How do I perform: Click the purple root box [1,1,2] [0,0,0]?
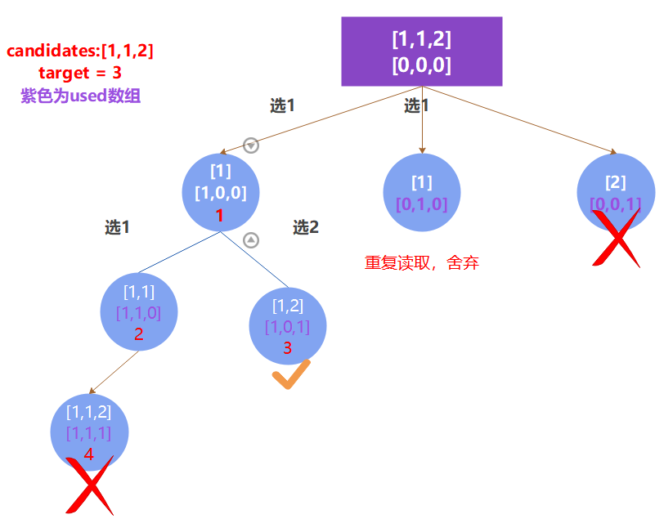[x=421, y=51]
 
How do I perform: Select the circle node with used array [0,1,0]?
[x=422, y=193]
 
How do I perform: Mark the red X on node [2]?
[x=617, y=238]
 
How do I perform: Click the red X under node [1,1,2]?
[x=89, y=485]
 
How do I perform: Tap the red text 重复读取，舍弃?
[x=422, y=263]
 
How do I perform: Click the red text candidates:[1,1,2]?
[x=80, y=51]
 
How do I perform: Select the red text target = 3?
[x=80, y=74]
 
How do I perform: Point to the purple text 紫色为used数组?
[x=80, y=96]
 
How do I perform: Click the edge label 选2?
[x=306, y=228]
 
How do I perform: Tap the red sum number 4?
[x=89, y=453]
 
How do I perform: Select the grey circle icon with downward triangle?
[x=251, y=145]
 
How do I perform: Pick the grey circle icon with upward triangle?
[x=251, y=240]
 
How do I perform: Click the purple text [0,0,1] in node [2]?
[x=616, y=204]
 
